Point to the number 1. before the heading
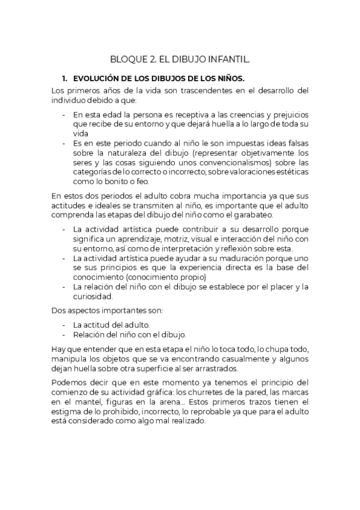coord(65,79)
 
